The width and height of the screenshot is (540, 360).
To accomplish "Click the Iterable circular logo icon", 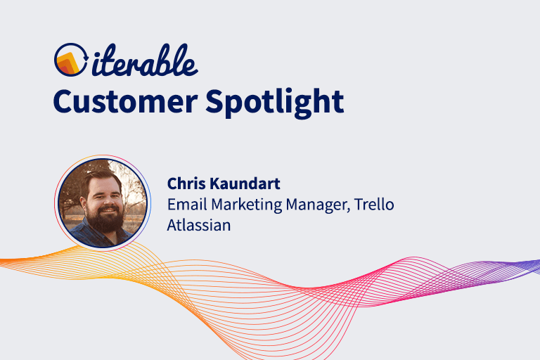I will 69,60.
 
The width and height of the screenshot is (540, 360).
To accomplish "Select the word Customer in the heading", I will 123,101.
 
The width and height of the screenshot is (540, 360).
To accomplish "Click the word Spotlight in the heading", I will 275,103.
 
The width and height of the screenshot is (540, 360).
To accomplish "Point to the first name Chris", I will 185,184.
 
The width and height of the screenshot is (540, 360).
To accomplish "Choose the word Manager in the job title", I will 316,205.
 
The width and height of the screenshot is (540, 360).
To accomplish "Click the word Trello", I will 375,205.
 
